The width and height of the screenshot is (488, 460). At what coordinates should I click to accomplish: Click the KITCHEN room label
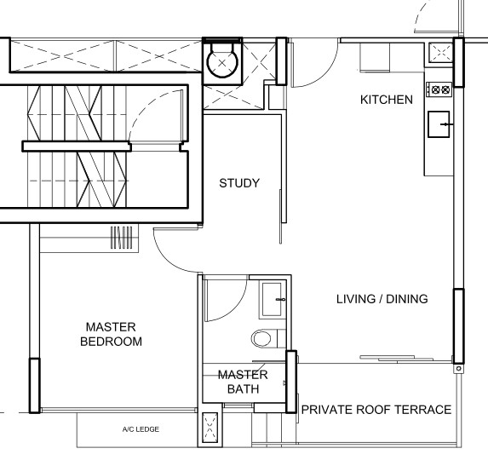coord(387,100)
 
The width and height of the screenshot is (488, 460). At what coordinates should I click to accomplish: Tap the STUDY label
coord(239,183)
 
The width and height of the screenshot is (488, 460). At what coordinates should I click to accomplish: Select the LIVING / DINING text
coord(382,299)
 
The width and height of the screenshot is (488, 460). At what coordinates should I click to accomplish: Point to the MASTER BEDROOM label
coord(111,334)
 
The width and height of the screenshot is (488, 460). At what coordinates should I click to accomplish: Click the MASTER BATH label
coord(243,382)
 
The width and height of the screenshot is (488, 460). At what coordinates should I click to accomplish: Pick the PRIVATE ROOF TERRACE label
coord(376,410)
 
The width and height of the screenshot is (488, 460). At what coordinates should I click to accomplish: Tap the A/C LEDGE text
coord(141,429)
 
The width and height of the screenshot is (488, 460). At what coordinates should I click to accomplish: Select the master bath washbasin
coord(273,299)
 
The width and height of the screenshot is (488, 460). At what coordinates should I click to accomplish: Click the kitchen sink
coord(439,124)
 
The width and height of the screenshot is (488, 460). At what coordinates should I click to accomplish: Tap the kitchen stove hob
coord(439,90)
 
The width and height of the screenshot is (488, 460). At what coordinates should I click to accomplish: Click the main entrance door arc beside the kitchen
coord(327,72)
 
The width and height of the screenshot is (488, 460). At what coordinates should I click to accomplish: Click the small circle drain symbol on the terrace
coord(458,369)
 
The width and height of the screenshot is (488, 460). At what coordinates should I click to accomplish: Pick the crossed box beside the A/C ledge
coord(210,427)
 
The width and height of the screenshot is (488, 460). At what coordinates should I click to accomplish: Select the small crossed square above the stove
coord(440,52)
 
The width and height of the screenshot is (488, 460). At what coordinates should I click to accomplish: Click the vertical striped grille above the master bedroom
coord(122,238)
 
